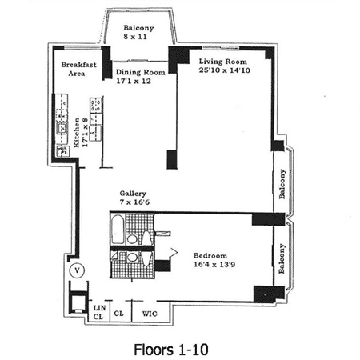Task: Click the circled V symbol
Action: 78,270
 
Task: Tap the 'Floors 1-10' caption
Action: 171,350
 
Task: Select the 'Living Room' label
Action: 223,62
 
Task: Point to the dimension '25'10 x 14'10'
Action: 225,70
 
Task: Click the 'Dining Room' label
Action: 141,72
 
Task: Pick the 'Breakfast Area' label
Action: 78,69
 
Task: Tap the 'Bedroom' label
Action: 210,256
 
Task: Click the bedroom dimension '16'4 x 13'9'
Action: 214,265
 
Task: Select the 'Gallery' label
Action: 133,194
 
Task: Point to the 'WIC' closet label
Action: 150,314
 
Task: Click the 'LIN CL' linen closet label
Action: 99,312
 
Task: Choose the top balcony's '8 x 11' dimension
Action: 135,37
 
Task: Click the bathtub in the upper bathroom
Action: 118,230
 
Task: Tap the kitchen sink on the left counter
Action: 62,128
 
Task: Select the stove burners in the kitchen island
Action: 96,106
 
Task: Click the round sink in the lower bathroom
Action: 132,258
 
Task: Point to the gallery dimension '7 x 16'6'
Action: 134,202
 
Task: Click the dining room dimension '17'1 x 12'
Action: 134,81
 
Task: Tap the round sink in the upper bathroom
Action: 132,239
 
